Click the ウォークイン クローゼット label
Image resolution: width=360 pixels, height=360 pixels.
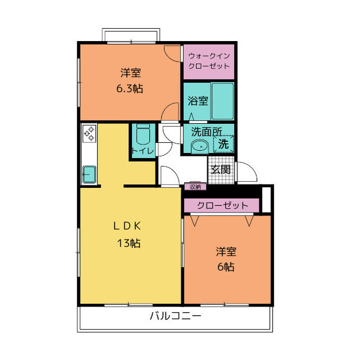tap(209, 61)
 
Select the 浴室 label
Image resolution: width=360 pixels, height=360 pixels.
tap(197, 101)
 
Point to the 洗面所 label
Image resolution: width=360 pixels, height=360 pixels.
tap(206, 132)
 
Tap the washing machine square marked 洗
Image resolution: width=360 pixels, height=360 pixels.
tap(223, 143)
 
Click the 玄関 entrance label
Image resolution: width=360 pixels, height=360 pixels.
tap(220, 169)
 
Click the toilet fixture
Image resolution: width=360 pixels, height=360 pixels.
tap(142, 135)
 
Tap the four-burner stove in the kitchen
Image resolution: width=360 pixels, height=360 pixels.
tap(89, 133)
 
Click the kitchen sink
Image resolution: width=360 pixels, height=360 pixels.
tap(89, 173)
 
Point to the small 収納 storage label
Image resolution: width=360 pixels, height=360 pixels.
tap(195, 186)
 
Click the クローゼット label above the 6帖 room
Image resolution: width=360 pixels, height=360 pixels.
tap(223, 205)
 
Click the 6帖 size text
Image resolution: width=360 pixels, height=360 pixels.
tap(226, 267)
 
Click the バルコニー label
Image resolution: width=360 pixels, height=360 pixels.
tap(175, 316)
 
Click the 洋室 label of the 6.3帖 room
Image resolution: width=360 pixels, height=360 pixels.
tap(130, 73)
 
